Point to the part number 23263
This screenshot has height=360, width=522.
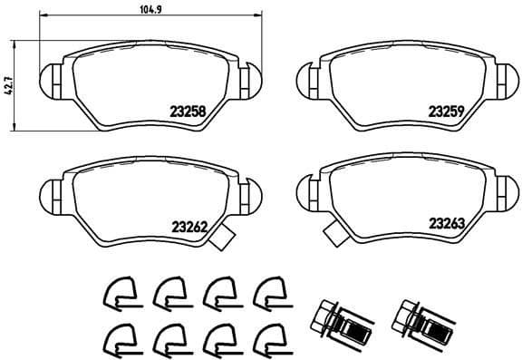coord(447,222)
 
